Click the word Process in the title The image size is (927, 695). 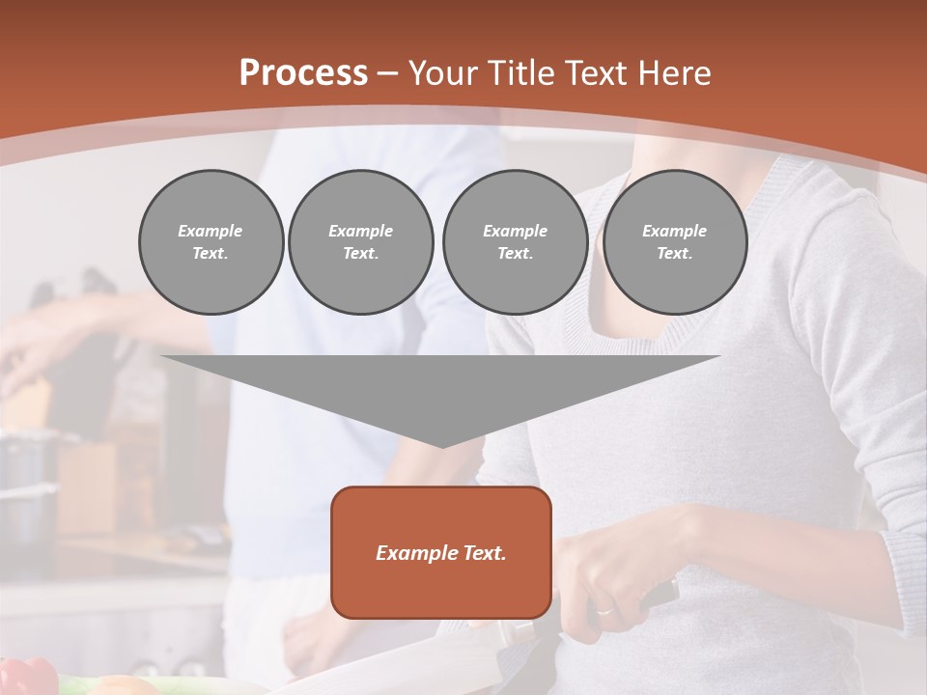[303, 73]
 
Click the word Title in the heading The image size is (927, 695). [518, 73]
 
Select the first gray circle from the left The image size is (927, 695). [211, 242]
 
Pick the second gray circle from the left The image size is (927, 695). [360, 242]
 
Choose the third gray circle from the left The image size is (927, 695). [515, 242]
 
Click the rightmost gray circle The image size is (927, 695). [674, 242]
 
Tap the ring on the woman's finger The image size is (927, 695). [604, 610]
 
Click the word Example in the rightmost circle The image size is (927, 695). [674, 231]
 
